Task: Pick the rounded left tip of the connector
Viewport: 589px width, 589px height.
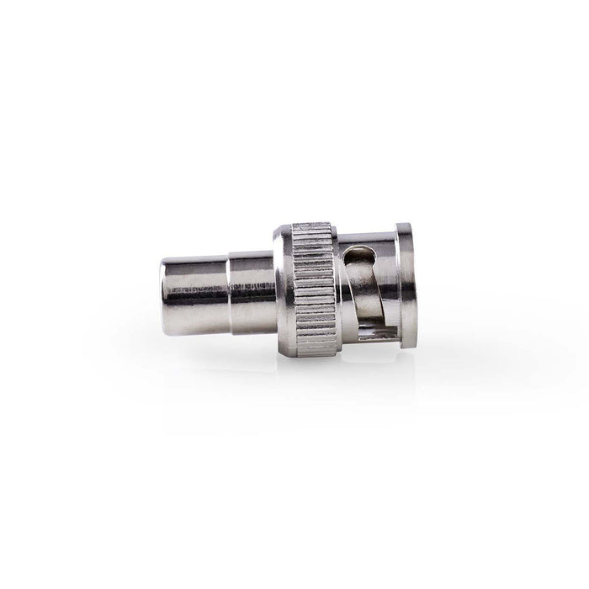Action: pos(165,287)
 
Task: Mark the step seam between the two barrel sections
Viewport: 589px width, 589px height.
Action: pos(229,287)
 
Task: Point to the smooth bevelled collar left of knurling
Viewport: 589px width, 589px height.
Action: pos(282,287)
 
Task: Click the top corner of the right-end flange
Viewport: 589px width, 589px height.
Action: pos(404,226)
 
